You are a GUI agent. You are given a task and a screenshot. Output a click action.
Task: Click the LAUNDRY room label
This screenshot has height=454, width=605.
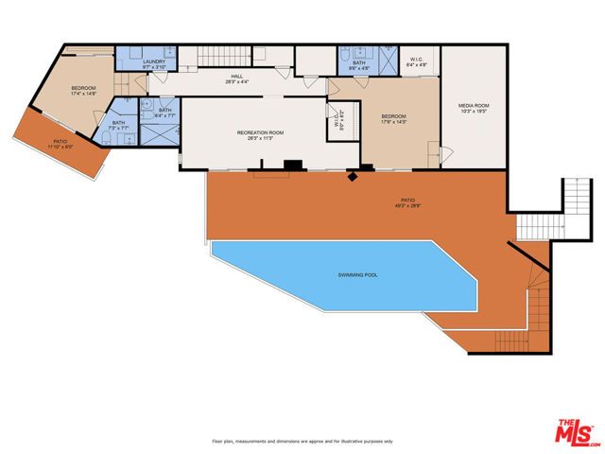pos(154,61)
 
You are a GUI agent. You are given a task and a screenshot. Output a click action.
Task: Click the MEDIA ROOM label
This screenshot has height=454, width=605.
pos(473,107)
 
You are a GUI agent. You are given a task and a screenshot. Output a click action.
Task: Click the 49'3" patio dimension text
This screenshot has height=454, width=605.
pos(408,205)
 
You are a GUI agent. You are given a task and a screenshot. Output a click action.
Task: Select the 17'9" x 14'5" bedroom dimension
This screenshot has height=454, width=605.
pos(393,121)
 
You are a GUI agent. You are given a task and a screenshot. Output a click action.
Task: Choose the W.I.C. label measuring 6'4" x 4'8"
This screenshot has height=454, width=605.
pos(418,62)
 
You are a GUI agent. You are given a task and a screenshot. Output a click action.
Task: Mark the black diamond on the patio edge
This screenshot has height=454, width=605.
pos(353,174)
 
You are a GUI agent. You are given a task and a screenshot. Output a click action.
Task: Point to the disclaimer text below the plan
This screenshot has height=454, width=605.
pos(302,442)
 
